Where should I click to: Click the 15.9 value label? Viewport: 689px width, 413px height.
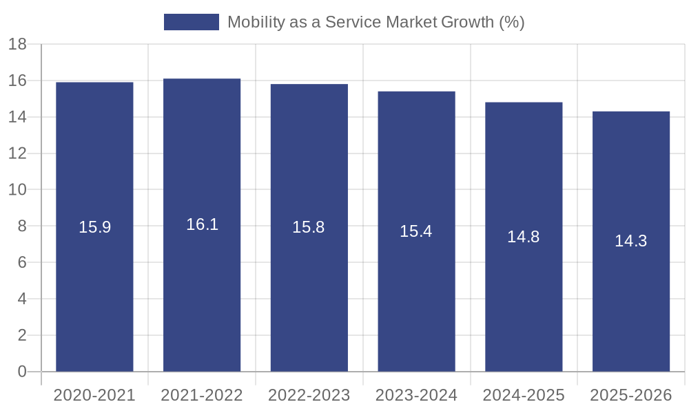pos(94,227)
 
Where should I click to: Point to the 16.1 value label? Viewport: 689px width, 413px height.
pos(202,224)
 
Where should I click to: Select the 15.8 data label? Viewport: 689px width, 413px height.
pos(309,227)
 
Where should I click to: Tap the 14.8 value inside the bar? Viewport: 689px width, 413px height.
pos(524,237)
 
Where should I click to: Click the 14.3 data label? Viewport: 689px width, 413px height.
pos(631,241)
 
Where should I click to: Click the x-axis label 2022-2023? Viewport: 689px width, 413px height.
pos(309,395)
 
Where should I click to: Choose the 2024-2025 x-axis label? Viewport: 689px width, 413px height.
pos(524,395)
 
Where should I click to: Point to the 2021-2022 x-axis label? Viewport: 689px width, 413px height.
pos(202,395)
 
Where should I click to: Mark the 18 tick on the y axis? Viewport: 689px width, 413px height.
pos(17,45)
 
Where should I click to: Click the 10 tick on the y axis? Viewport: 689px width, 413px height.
pos(17,190)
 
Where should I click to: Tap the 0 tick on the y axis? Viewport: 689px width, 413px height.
pos(21,372)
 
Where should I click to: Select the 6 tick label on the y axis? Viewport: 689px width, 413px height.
pos(21,263)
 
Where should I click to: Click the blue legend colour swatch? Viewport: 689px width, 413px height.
pos(191,22)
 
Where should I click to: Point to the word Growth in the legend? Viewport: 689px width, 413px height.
pos(468,22)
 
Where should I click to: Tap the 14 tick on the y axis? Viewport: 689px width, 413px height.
pos(17,117)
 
